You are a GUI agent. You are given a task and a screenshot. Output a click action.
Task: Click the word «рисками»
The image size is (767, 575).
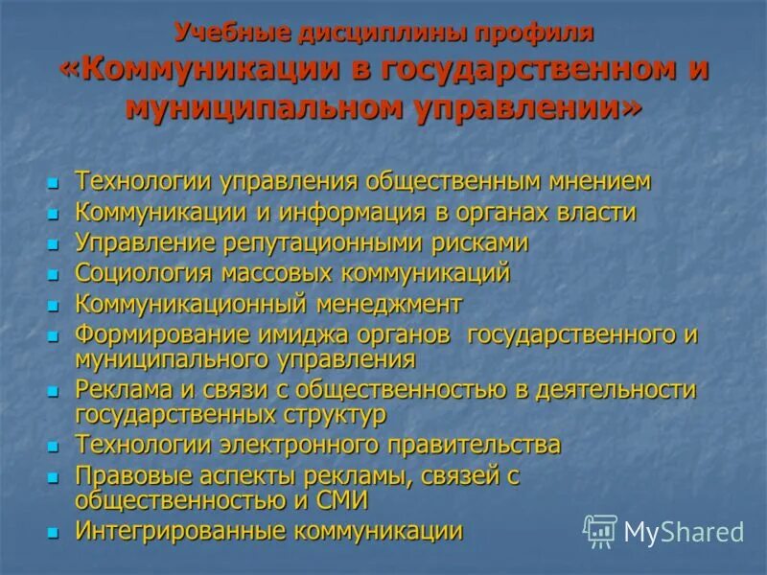point(478,242)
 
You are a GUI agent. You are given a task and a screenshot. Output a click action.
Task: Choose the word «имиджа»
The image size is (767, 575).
point(289,336)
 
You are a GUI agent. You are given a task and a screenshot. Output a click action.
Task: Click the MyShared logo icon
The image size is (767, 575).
point(600,530)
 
